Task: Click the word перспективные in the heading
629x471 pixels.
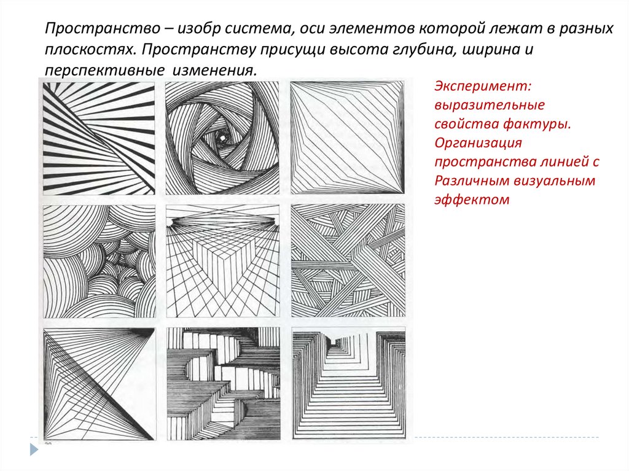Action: (104, 71)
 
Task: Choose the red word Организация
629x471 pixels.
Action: (478, 143)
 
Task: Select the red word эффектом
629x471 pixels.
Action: (472, 200)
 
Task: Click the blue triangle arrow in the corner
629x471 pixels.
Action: (34, 449)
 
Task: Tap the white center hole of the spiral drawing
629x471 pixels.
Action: (221, 138)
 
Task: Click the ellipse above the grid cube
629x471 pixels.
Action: (223, 220)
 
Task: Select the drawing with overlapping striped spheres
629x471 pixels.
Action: (99, 261)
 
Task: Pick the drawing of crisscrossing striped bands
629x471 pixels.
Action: (348, 261)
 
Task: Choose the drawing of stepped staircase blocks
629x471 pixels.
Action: (224, 384)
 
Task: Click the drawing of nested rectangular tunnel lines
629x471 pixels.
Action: (349, 384)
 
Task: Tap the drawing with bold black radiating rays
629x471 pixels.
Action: (99, 138)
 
